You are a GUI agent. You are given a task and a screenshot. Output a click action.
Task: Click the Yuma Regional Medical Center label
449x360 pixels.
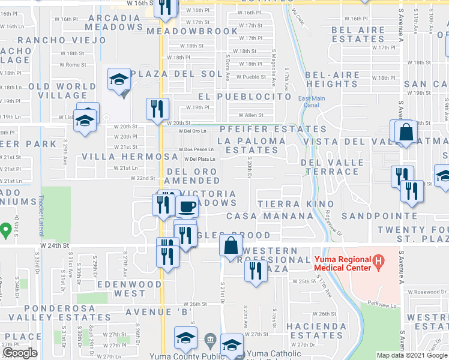point(343,263)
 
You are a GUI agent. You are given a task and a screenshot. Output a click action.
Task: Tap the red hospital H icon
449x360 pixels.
point(378,262)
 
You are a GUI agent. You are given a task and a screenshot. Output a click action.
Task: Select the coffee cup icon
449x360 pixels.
point(187,207)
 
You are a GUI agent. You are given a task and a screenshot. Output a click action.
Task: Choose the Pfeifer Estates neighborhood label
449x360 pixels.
point(273,129)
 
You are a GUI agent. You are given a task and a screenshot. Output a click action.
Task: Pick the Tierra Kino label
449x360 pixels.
point(286,205)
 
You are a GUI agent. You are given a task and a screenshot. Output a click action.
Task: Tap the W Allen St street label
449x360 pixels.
point(251,115)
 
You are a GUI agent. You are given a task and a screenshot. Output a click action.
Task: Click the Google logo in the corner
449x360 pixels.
point(20,353)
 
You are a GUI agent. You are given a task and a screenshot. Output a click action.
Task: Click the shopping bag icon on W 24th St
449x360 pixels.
point(231,245)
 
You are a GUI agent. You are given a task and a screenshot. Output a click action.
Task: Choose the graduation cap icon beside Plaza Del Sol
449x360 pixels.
point(117,79)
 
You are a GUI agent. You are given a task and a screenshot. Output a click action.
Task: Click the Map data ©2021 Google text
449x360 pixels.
point(412,355)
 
